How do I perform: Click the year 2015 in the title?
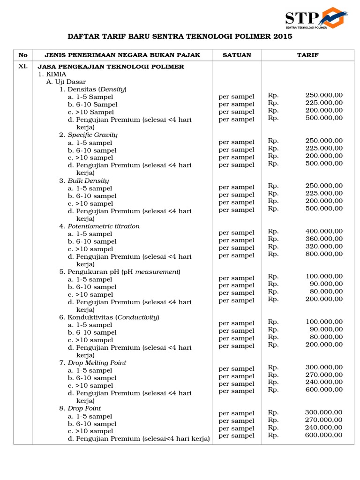coord(282,37)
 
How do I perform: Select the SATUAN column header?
coord(237,55)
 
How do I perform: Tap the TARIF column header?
coord(307,55)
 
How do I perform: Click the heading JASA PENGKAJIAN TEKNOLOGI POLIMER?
coord(111,67)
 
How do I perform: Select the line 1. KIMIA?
coord(52,74)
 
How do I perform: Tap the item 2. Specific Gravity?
coord(88,135)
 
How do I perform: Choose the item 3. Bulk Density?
coord(84,180)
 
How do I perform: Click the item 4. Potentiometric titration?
coord(99,226)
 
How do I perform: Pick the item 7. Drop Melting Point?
coord(93,363)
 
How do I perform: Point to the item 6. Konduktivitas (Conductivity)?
coord(109,317)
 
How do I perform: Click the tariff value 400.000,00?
coord(324,231)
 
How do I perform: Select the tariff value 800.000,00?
coord(324,254)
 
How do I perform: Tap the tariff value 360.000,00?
coord(324,239)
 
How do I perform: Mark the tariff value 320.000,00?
coord(324,246)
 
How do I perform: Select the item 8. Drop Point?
coord(82,408)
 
